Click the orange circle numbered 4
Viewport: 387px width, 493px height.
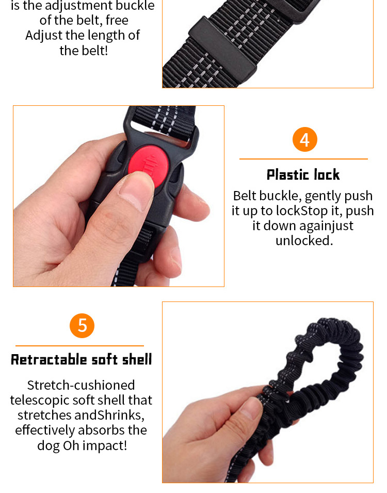(304, 139)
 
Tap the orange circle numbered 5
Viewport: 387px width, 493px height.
(82, 326)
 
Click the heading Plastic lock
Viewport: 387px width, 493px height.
(303, 175)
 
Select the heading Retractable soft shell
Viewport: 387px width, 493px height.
(82, 360)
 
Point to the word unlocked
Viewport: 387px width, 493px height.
(304, 241)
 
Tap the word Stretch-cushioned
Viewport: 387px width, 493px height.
(81, 385)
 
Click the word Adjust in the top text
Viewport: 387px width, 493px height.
(44, 36)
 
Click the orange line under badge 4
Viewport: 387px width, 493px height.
(303, 159)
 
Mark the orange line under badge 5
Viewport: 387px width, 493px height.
(79, 346)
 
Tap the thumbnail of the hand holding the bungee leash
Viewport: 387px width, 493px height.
(267, 392)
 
